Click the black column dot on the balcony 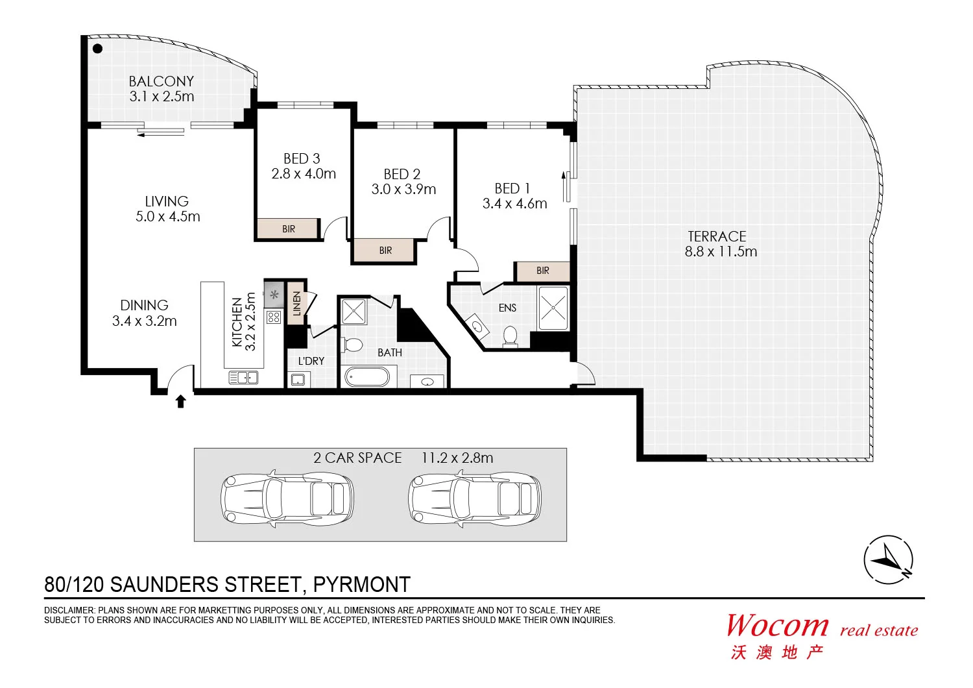tap(97, 49)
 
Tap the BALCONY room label tap(161, 81)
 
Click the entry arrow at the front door tap(181, 402)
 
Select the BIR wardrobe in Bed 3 tap(288, 228)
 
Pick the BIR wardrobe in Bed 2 tap(385, 251)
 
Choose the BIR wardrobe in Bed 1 tap(542, 271)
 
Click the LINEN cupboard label tap(296, 303)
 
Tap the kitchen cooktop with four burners tap(274, 317)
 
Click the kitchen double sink tap(243, 377)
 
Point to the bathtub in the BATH tap(366, 376)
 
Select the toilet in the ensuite tap(511, 336)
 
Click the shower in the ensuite tap(553, 308)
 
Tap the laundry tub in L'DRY tap(298, 380)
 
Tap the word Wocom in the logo tap(777, 626)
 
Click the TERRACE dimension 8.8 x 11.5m tap(721, 252)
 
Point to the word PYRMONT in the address tap(361, 585)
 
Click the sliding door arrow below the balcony tap(161, 132)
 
